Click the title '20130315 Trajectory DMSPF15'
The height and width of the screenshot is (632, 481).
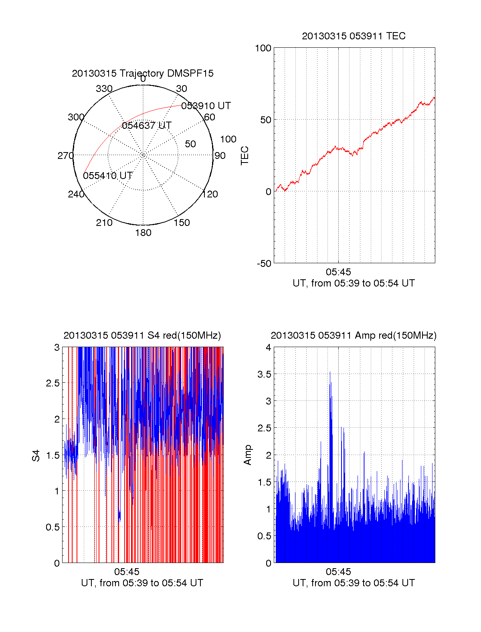pyautogui.click(x=143, y=73)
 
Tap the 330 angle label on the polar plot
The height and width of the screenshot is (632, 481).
pyautogui.click(x=104, y=89)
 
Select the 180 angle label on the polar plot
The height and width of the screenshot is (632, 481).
pyautogui.click(x=143, y=233)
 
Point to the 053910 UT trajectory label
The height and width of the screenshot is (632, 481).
pyautogui.click(x=206, y=106)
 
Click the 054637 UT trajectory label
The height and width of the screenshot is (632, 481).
pyautogui.click(x=147, y=126)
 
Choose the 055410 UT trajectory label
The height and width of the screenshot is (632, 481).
pyautogui.click(x=108, y=176)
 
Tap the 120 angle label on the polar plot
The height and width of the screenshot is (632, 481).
pyautogui.click(x=210, y=194)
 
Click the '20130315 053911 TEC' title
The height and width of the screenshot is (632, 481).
pyautogui.click(x=354, y=36)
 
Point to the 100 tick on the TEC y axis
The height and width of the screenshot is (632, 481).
pyautogui.click(x=263, y=48)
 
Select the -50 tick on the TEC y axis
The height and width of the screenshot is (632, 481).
pyautogui.click(x=264, y=264)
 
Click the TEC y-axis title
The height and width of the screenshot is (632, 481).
pyautogui.click(x=245, y=156)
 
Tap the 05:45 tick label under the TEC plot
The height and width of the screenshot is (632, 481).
pyautogui.click(x=338, y=272)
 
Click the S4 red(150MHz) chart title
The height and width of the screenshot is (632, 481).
pyautogui.click(x=142, y=335)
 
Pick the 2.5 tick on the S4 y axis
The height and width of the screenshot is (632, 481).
pyautogui.click(x=53, y=383)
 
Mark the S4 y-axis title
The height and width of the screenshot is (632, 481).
pyautogui.click(x=36, y=455)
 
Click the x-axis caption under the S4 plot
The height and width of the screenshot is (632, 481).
pyautogui.click(x=142, y=583)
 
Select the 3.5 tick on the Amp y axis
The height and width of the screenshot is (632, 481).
pyautogui.click(x=265, y=374)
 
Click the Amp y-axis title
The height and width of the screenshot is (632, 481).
pyautogui.click(x=248, y=455)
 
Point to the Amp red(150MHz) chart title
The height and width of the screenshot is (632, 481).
pyautogui.click(x=354, y=335)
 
